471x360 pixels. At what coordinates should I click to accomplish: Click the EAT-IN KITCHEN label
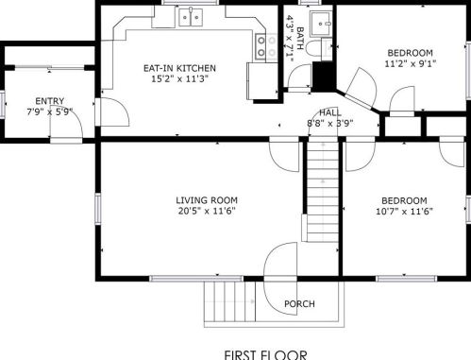[x=179, y=68]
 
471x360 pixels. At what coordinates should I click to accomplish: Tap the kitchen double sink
[x=191, y=17]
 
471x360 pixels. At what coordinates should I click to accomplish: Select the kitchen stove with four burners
[x=266, y=46]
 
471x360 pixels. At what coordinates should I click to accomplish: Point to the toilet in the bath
[x=312, y=49]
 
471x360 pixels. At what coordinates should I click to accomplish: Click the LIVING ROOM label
[x=207, y=200]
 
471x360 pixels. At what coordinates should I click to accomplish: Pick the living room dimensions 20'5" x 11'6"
[x=207, y=211]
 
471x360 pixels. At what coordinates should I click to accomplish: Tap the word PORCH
[x=299, y=304]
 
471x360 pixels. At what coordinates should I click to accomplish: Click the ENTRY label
[x=50, y=101]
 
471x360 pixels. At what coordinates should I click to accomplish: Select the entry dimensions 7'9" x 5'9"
[x=50, y=111]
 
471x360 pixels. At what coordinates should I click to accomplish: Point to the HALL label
[x=330, y=112]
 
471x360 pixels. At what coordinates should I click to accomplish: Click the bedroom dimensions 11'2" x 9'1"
[x=411, y=63]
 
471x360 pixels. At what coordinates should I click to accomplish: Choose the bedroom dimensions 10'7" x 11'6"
[x=404, y=211]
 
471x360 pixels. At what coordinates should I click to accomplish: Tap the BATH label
[x=300, y=39]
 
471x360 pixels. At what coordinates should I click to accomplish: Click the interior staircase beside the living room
[x=323, y=192]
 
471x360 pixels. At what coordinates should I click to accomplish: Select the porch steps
[x=229, y=301]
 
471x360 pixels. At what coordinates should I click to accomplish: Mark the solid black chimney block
[x=324, y=77]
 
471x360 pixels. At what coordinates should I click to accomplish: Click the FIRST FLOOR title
[x=265, y=354]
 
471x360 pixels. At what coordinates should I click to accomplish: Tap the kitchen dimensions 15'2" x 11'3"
[x=179, y=78]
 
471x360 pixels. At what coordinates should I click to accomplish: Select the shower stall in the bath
[x=321, y=24]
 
